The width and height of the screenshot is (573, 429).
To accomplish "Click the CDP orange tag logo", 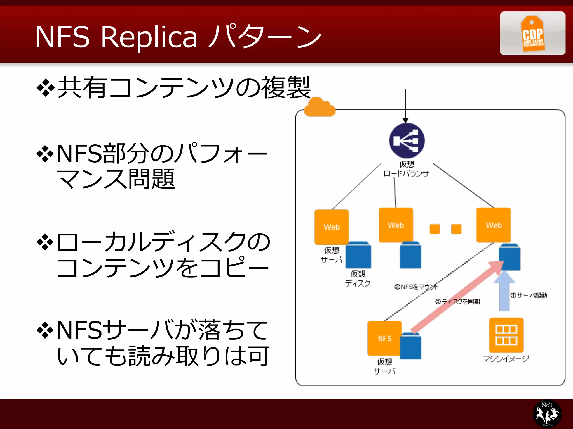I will (532, 34).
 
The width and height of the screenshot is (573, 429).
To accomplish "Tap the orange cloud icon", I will (320, 108).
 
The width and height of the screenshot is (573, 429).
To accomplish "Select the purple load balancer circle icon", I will (407, 141).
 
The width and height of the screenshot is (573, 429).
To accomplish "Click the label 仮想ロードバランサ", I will (406, 169).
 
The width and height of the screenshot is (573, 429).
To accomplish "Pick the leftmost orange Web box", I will (332, 227).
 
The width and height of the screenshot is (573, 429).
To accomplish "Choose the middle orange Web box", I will (396, 225).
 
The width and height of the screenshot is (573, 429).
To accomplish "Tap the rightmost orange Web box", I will (494, 225).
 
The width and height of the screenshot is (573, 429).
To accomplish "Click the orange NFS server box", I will (384, 338).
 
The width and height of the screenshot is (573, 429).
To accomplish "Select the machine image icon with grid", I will (506, 335).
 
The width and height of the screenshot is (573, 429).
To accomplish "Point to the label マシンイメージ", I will (506, 359).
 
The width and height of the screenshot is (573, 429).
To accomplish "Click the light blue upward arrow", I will (504, 292).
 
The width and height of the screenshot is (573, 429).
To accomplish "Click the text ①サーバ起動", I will (529, 295).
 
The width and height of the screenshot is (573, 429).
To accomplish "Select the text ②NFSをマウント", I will (416, 287).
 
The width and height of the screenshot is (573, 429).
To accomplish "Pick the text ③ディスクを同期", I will (457, 301).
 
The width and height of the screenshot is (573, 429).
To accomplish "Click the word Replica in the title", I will (149, 37).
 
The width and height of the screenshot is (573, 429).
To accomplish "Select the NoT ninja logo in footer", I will (547, 414).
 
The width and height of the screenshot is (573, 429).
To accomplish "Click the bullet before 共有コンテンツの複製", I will (45, 88).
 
